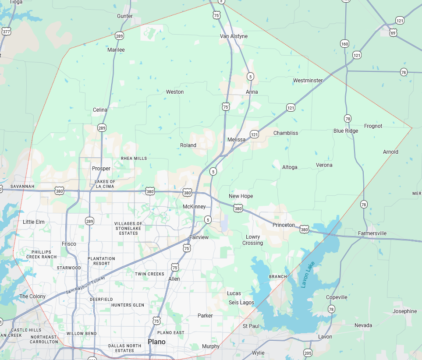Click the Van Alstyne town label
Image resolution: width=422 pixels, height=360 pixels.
point(234,36)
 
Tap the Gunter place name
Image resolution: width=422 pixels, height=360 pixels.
point(125,16)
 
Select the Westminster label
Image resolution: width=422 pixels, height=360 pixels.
point(308,81)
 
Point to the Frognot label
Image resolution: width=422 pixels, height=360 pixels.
point(373,126)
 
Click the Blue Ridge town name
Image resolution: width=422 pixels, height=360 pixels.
point(345,131)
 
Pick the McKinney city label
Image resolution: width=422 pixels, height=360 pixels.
point(194,207)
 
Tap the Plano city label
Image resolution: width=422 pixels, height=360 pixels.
point(156,342)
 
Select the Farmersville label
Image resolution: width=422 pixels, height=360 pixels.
point(372,233)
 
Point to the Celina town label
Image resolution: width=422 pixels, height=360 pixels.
point(100,110)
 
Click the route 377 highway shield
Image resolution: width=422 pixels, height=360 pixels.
point(6,32)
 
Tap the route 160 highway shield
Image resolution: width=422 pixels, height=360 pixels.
point(344,44)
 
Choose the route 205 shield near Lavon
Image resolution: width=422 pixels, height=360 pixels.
point(308,353)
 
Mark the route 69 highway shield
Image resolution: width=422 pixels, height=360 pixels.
point(393,33)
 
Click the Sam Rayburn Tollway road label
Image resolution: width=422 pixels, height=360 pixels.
point(86,285)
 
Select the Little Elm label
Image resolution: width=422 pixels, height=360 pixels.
point(34,222)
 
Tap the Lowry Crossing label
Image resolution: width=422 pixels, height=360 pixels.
point(253,240)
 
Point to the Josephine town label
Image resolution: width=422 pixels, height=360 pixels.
point(404,311)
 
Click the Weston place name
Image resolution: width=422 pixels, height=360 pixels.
point(175,92)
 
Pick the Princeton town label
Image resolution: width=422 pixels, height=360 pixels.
point(284,225)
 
